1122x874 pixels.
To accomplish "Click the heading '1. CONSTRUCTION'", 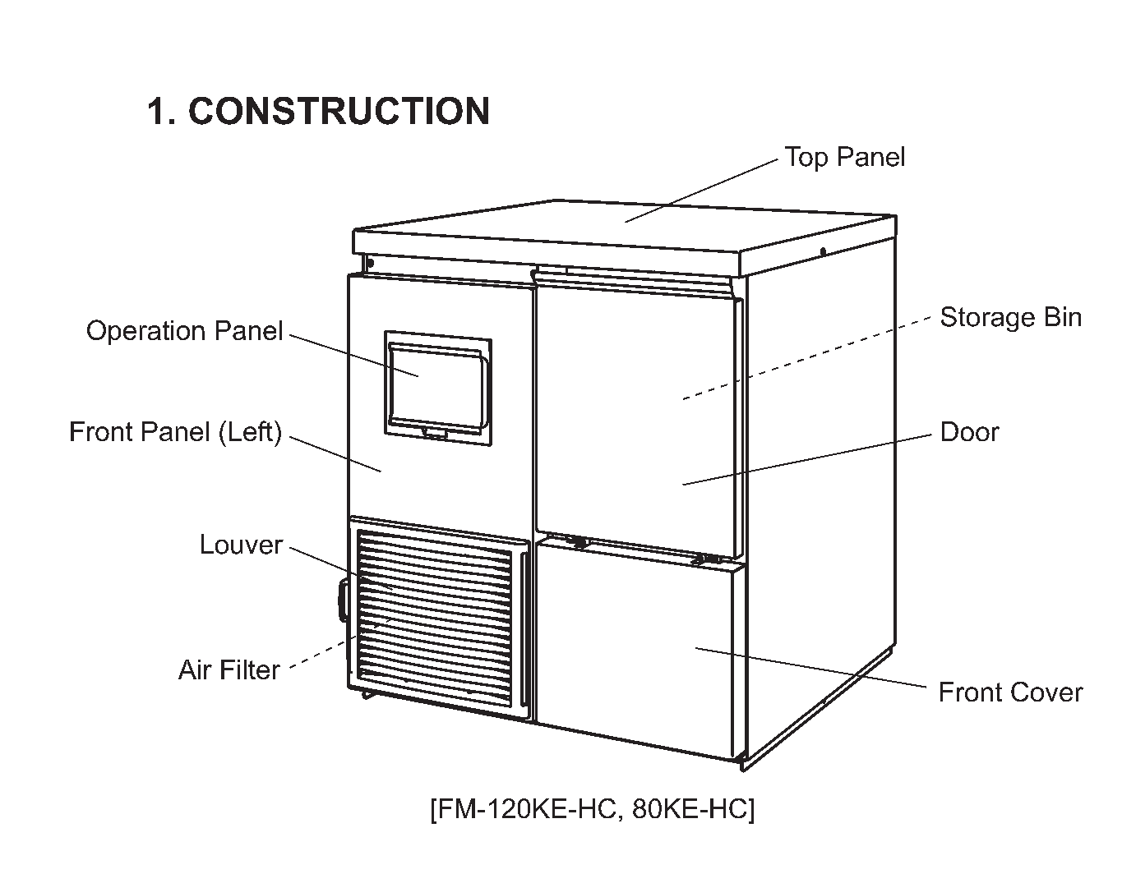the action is point(318,111).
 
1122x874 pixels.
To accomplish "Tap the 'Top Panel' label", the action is point(844,158).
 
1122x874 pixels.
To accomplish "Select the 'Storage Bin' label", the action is point(1010,317).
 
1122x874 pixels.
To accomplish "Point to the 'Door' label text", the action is point(969,432).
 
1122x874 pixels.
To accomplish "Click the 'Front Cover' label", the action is point(1010,692).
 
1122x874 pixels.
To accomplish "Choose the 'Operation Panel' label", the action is point(184,331).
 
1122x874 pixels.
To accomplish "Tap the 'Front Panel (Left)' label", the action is point(176,432).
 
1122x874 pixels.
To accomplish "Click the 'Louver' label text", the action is point(241,545).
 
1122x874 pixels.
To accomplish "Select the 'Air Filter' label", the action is point(229,670).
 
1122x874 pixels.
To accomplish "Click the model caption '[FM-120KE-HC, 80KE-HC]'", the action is point(593,808).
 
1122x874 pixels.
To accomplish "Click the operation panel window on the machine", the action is point(438,388).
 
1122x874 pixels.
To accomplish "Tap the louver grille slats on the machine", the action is point(434,618).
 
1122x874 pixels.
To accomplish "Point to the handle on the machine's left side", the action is point(343,599).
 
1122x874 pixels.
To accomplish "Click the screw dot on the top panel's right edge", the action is point(823,252).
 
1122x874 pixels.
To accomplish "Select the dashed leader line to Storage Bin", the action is point(806,358).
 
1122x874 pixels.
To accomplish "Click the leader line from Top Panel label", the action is point(701,191).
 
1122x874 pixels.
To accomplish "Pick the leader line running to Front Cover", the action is point(810,667).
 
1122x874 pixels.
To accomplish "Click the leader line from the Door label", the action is point(807,459).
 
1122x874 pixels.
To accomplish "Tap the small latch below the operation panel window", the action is point(434,435).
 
